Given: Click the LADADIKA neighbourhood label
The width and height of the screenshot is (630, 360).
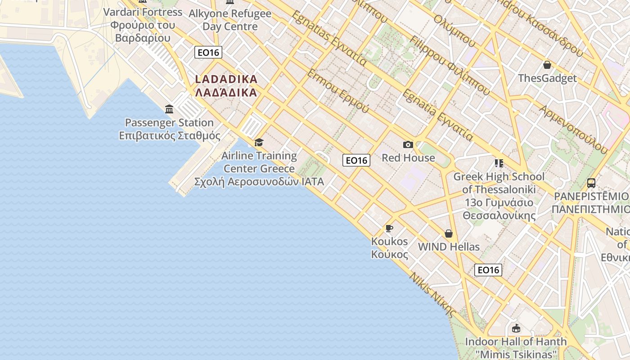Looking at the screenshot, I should pyautogui.click(x=226, y=85).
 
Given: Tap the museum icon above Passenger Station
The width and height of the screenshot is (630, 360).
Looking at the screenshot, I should pyautogui.click(x=169, y=109).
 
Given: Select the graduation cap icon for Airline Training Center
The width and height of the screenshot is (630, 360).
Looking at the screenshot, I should pyautogui.click(x=259, y=143).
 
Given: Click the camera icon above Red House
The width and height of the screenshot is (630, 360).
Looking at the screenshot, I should pyautogui.click(x=408, y=144).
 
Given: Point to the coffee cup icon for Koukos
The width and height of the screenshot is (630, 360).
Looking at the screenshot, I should pyautogui.click(x=389, y=228).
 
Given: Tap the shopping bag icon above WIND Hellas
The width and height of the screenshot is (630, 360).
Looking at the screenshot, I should pyautogui.click(x=448, y=234).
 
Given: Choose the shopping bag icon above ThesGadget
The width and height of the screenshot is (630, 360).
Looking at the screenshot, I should pyautogui.click(x=547, y=65).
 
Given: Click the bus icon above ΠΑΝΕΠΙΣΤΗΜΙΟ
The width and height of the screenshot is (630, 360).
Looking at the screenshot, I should pyautogui.click(x=591, y=183).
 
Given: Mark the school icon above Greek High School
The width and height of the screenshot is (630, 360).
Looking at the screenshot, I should pyautogui.click(x=499, y=163).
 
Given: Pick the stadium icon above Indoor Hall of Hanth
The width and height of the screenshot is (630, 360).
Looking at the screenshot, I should pyautogui.click(x=516, y=328).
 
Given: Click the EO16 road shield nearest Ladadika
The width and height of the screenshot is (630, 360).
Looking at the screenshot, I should pyautogui.click(x=208, y=52).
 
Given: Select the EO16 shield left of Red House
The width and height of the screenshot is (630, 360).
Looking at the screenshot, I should pyautogui.click(x=356, y=160).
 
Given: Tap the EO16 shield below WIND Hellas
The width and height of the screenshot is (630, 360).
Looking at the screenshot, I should pyautogui.click(x=488, y=270).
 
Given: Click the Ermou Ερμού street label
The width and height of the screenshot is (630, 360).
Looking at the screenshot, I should pyautogui.click(x=338, y=91).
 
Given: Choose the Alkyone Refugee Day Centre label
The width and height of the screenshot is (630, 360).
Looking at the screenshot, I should pyautogui.click(x=230, y=20).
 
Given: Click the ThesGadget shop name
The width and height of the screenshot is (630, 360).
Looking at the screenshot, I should pyautogui.click(x=547, y=78).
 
